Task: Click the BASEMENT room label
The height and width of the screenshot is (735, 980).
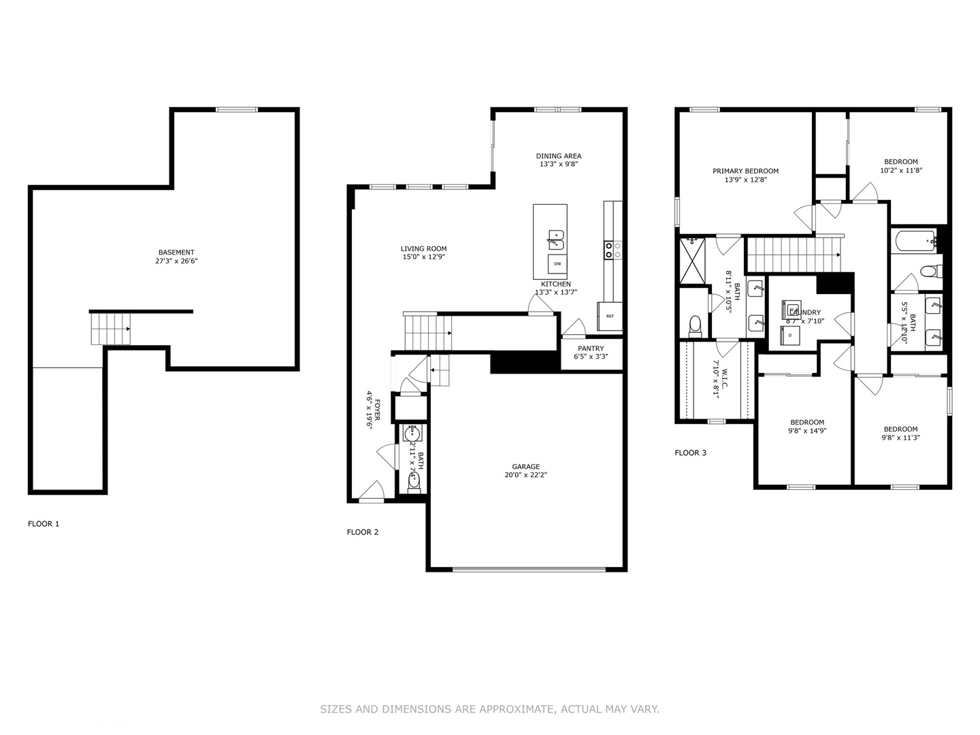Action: (176, 252)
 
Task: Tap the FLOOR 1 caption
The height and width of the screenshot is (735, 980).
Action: (44, 524)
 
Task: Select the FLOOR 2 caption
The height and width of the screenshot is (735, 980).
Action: (363, 532)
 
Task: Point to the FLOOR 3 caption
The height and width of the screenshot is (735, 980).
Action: (690, 453)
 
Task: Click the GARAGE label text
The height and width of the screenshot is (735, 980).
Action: (526, 467)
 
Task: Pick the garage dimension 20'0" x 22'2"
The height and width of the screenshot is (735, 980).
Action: (526, 475)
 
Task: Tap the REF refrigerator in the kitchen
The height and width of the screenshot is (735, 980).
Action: (610, 316)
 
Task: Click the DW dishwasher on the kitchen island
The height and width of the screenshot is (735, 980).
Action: (557, 263)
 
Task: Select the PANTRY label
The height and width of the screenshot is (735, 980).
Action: (591, 348)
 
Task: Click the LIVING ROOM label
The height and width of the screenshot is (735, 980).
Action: (423, 249)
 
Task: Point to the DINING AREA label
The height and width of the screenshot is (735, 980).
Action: (559, 156)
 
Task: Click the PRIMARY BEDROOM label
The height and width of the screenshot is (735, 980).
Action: (745, 171)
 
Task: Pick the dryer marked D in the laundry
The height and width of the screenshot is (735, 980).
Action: (790, 336)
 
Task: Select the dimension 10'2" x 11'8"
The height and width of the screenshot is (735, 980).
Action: (900, 171)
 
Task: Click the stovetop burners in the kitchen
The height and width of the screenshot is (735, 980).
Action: (612, 250)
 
